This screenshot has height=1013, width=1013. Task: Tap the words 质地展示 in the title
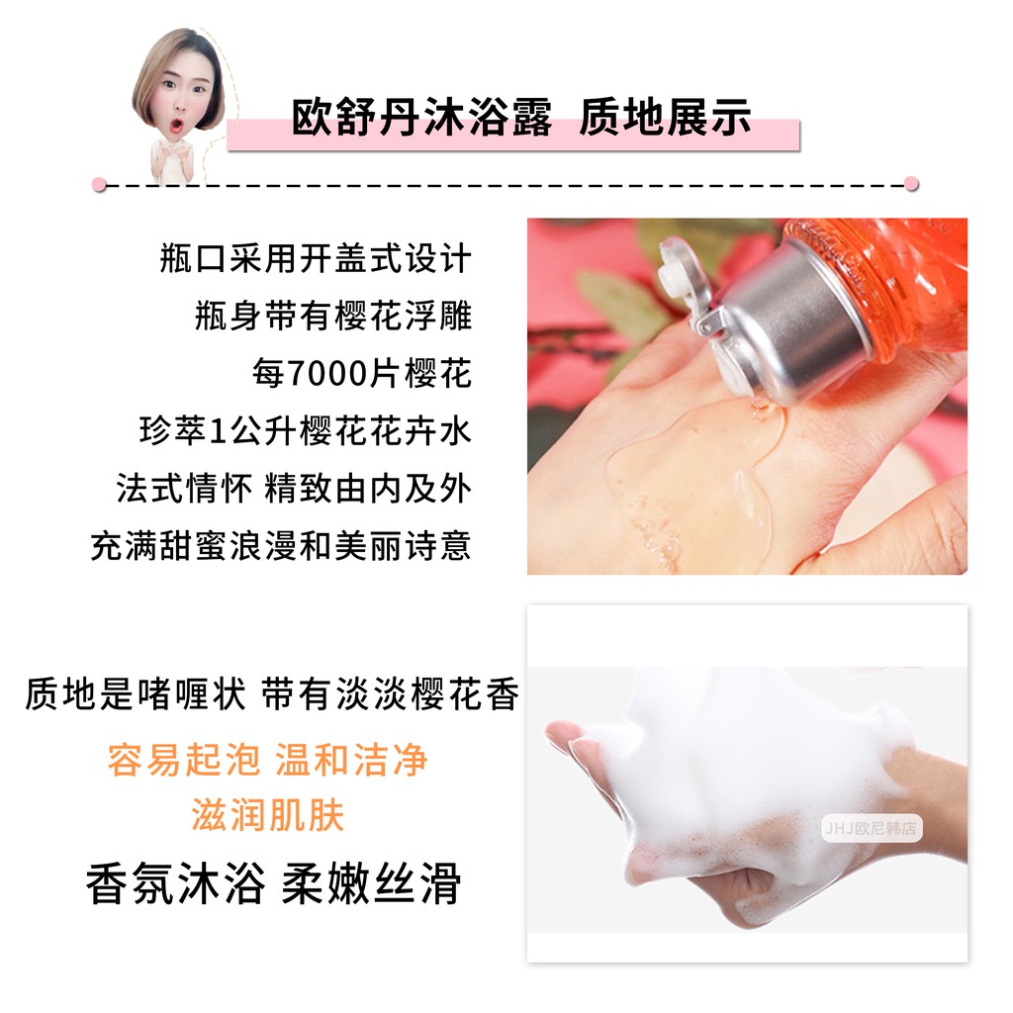coord(665,119)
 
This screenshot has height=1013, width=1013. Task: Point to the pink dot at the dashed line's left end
coord(98,184)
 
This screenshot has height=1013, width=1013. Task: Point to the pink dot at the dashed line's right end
coord(911,184)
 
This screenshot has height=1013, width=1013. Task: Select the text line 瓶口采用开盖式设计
coord(316,259)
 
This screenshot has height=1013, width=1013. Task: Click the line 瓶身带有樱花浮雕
coord(333,317)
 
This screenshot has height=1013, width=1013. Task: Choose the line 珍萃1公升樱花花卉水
coord(306,431)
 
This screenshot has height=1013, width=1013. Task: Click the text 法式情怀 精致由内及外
coord(294,489)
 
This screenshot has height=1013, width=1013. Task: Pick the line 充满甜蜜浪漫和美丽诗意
coord(281,545)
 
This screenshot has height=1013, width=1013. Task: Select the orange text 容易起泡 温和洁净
coord(268,760)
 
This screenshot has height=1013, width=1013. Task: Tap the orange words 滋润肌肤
coord(268,816)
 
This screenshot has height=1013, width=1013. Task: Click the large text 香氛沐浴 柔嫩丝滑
coord(274,883)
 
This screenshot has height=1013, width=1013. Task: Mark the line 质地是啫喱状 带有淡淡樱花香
coord(272,695)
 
